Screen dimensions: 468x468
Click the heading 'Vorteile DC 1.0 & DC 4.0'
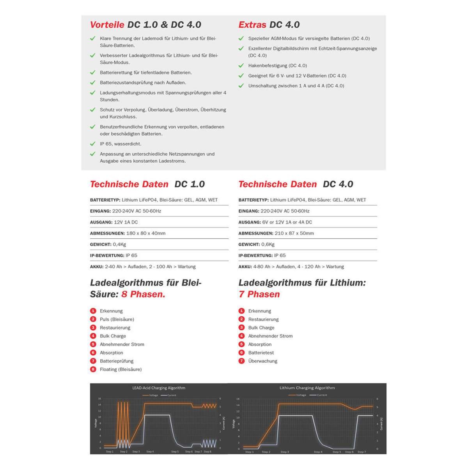click(145, 25)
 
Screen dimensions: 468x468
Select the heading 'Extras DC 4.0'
click(269, 25)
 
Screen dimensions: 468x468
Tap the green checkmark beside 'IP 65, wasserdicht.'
click(93, 144)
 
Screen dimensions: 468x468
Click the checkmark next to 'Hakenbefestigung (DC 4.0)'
click(241, 66)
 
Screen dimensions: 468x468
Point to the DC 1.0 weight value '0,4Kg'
click(119, 244)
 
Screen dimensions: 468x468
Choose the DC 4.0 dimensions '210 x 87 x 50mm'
click(294, 233)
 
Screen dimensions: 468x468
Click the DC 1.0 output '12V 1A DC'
click(126, 222)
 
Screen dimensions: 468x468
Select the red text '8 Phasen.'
click(143, 294)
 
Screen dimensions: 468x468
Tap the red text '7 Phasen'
click(259, 294)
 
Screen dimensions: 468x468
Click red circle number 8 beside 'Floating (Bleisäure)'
click(93, 369)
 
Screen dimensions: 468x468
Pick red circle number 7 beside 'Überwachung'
click(241, 361)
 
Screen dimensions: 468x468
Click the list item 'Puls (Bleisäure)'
click(117, 319)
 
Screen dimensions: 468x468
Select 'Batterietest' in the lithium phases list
click(261, 353)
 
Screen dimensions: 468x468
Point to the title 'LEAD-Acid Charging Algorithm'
click(159, 388)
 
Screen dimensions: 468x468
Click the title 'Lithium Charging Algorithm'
click(307, 388)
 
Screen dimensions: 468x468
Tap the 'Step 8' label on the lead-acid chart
click(207, 452)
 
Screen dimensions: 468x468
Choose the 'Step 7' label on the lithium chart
click(362, 452)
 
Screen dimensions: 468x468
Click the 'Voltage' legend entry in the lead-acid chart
click(151, 395)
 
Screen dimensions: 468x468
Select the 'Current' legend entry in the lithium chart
click(319, 395)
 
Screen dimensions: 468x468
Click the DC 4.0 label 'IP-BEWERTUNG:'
click(255, 255)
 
